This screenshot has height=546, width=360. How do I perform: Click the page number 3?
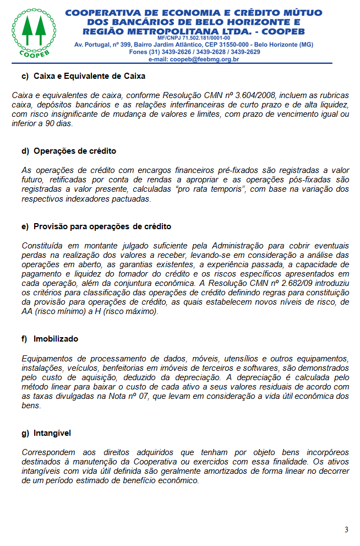click(x=346, y=529)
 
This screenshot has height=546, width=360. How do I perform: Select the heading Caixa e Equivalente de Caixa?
click(x=89, y=76)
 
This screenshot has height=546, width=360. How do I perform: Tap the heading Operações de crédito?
click(x=75, y=151)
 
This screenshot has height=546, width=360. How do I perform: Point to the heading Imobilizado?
click(x=56, y=339)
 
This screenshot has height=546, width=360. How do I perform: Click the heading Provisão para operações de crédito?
click(x=102, y=226)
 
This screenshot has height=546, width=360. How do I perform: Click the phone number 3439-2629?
click(x=246, y=52)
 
